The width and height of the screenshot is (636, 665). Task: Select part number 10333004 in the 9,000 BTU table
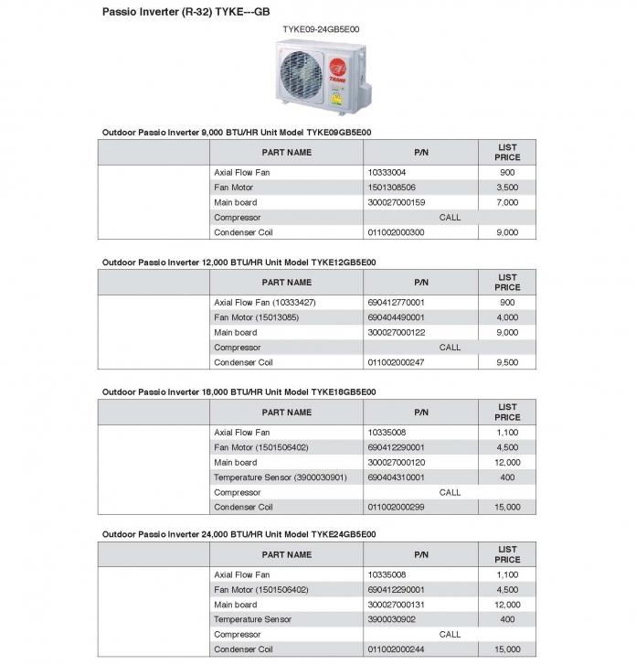point(387,172)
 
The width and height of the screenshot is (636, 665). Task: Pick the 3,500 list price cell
point(507,188)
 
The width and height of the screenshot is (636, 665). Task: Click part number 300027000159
point(396,202)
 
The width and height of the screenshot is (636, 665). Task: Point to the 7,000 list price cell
point(507,202)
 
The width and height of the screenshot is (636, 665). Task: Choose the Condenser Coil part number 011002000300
point(396,232)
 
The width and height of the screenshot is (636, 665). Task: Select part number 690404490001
point(396,317)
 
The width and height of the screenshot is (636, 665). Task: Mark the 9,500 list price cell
point(507,362)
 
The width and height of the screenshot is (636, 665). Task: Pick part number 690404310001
point(396,477)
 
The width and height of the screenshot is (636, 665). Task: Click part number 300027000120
point(396,463)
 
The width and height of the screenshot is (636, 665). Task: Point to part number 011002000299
point(396,507)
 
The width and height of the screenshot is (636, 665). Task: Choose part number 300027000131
point(396,605)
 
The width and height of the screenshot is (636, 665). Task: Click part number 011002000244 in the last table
point(396,649)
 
